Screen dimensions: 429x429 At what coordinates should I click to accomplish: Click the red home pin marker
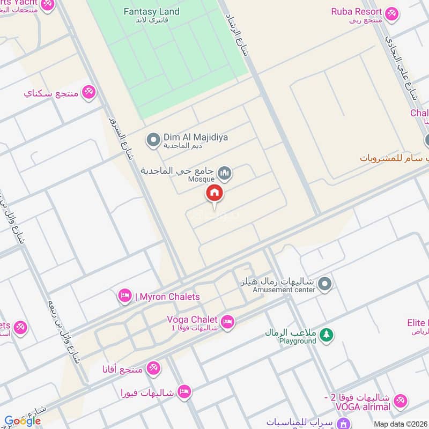[214, 193]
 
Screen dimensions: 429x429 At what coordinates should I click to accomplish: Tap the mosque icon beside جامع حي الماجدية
[226, 173]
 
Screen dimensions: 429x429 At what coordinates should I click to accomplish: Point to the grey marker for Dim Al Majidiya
[153, 140]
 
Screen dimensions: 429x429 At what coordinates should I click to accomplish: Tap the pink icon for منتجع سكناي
[88, 92]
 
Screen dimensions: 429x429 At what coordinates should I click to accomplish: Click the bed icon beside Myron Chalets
[125, 296]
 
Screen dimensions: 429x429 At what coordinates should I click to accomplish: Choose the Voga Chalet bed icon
[227, 321]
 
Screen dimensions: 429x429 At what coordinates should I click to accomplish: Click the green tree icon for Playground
[326, 336]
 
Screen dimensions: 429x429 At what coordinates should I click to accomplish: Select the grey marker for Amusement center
[324, 285]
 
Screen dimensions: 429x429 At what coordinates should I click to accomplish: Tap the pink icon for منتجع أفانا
[153, 368]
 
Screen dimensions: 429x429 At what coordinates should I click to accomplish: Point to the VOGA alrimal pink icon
[400, 401]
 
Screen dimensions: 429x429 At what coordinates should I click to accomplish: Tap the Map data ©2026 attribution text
[400, 423]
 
